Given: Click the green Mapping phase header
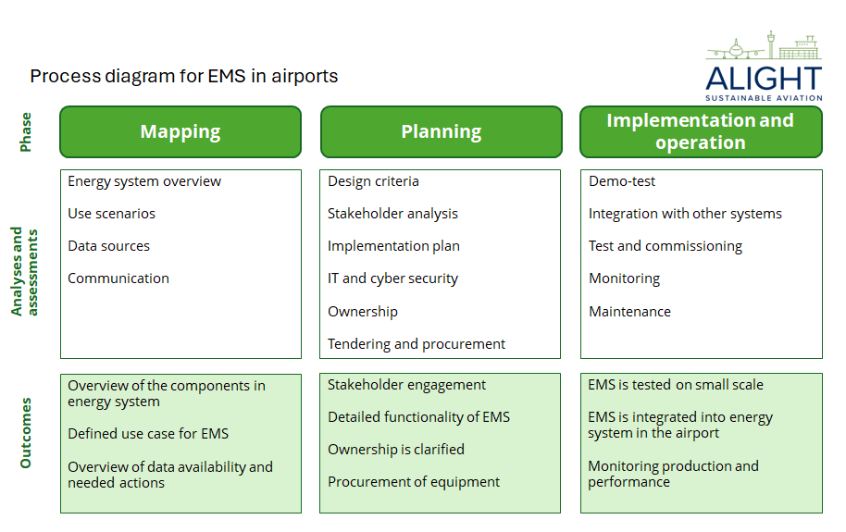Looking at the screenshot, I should coord(180,131).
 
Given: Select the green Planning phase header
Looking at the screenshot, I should coord(441,131).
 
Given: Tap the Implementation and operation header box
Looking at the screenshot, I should coord(701,131).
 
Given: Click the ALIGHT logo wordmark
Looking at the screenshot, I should coord(764,78).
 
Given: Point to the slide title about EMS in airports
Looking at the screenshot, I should coord(184,76).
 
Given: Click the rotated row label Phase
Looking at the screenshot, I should coord(26,131).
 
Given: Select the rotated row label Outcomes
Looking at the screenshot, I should coord(26,433).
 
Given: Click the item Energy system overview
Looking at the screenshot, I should coord(144,181).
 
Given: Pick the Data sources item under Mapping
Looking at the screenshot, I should coord(108,246).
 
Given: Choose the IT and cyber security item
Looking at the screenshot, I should coord(392,278).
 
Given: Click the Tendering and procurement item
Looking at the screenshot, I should coord(417,344).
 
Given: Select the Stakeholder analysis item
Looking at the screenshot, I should coord(392,214).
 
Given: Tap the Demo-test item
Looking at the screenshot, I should coord(622,181).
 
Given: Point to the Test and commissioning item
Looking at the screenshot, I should coord(666,246).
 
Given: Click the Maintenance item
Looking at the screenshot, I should coord(629,312).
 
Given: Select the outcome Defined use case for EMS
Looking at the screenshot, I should coord(148,434).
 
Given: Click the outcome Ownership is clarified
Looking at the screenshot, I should coord(396,450).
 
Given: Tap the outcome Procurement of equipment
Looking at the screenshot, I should coord(414,482).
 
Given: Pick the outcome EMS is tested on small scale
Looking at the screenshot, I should coord(676,385).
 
